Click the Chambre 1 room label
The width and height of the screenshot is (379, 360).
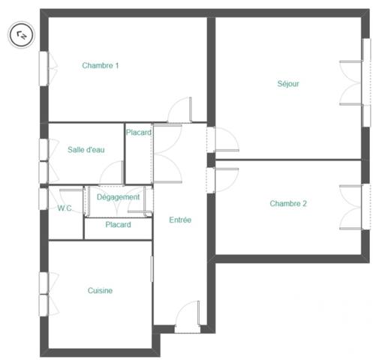tap(101, 66)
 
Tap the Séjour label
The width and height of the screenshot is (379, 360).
tap(288, 84)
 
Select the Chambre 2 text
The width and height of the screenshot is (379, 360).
tap(288, 203)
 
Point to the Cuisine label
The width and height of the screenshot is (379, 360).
tap(100, 291)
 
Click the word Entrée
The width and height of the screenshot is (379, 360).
tap(180, 220)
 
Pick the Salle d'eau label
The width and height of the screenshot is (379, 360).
tap(86, 150)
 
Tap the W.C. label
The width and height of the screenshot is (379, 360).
tap(65, 208)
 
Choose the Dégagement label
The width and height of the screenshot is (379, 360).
tap(119, 197)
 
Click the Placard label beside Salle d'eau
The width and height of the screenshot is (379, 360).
tap(139, 133)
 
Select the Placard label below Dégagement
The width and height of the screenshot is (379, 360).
tap(118, 225)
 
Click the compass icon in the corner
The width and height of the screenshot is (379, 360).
tap(21, 33)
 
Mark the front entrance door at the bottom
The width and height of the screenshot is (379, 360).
tap(188, 316)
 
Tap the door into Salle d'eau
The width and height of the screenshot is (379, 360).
tap(112, 174)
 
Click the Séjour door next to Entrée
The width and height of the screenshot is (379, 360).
tap(224, 140)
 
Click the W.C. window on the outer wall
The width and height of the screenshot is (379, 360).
tap(44, 199)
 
